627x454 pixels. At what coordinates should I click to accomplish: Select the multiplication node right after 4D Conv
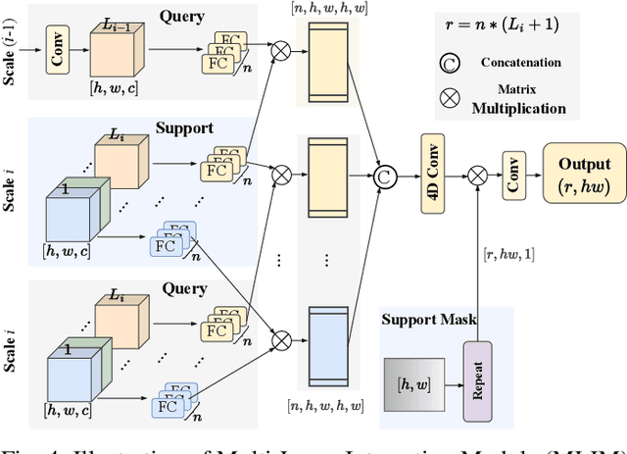(478, 177)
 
